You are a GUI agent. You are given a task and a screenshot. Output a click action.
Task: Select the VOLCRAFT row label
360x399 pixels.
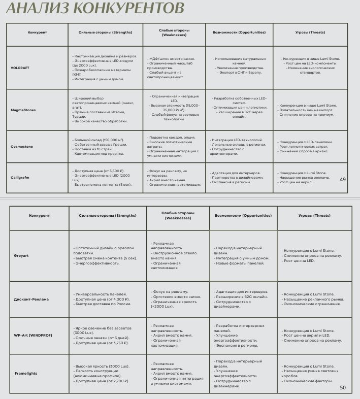(21, 67)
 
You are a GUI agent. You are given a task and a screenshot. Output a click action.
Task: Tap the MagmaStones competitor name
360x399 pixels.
(23, 110)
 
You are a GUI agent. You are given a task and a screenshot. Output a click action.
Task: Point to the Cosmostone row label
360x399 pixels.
(22, 146)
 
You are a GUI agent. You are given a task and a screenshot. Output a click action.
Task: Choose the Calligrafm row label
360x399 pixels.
(22, 177)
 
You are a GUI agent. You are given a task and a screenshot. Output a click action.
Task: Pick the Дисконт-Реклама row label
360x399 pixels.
(31, 299)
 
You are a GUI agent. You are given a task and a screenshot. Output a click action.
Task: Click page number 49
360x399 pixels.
(342, 179)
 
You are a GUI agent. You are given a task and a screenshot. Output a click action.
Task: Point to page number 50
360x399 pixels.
(342, 388)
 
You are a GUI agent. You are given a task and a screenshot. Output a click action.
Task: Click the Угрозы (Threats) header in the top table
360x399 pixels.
(310, 32)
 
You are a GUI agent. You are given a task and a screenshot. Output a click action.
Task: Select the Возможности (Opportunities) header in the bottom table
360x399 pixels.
(243, 215)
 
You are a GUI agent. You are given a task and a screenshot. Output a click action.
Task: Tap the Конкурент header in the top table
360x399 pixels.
(37, 32)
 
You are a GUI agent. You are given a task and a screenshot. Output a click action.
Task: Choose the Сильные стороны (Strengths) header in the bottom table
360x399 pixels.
(108, 215)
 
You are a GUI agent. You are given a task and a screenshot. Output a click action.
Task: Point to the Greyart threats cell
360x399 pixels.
(312, 255)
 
